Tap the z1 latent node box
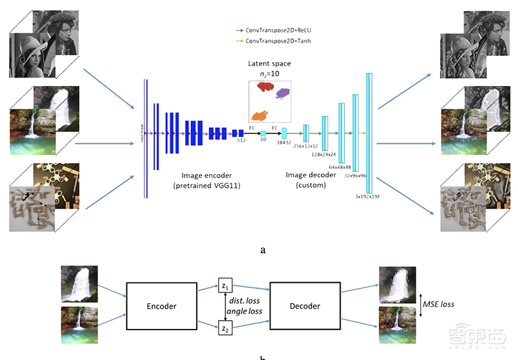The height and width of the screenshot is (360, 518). pos(225,285)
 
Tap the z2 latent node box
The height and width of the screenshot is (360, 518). pos(225,329)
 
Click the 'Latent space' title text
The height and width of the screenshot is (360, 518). pos(270,63)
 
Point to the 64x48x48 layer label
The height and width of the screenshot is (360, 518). pos(340,166)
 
